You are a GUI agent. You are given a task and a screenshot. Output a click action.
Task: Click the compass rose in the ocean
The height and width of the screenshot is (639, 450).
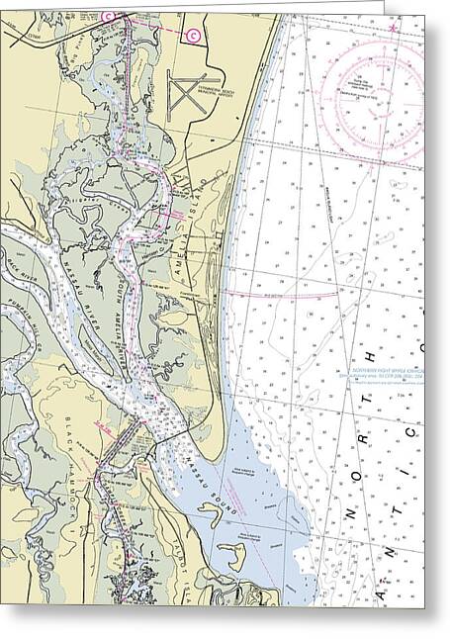372,88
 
